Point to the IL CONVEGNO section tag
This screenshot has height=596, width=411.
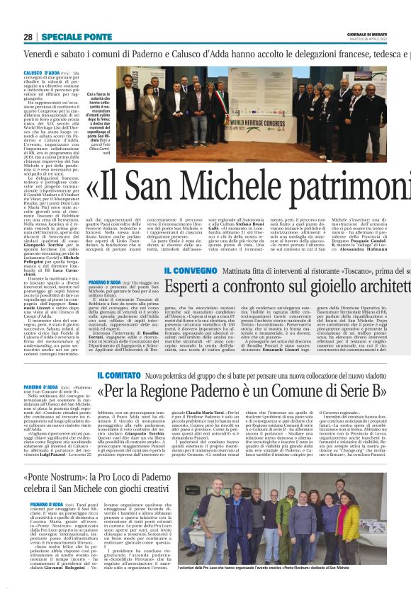click(x=187, y=270)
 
